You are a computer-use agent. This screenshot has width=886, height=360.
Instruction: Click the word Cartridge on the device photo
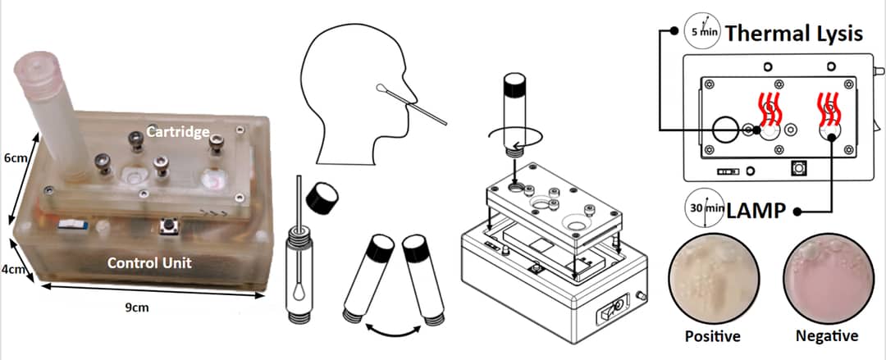178,132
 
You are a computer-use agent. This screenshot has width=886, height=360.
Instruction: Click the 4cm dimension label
14,269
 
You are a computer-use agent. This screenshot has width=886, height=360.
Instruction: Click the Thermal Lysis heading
793,34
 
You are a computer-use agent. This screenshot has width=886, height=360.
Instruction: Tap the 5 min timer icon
703,33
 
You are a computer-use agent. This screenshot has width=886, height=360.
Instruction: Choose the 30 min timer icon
703,209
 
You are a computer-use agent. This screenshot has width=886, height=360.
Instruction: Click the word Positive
712,336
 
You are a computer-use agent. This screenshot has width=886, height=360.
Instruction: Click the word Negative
826,336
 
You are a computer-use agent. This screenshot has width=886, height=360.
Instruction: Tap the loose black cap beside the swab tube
322,197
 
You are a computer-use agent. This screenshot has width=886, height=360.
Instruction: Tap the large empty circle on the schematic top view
726,129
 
